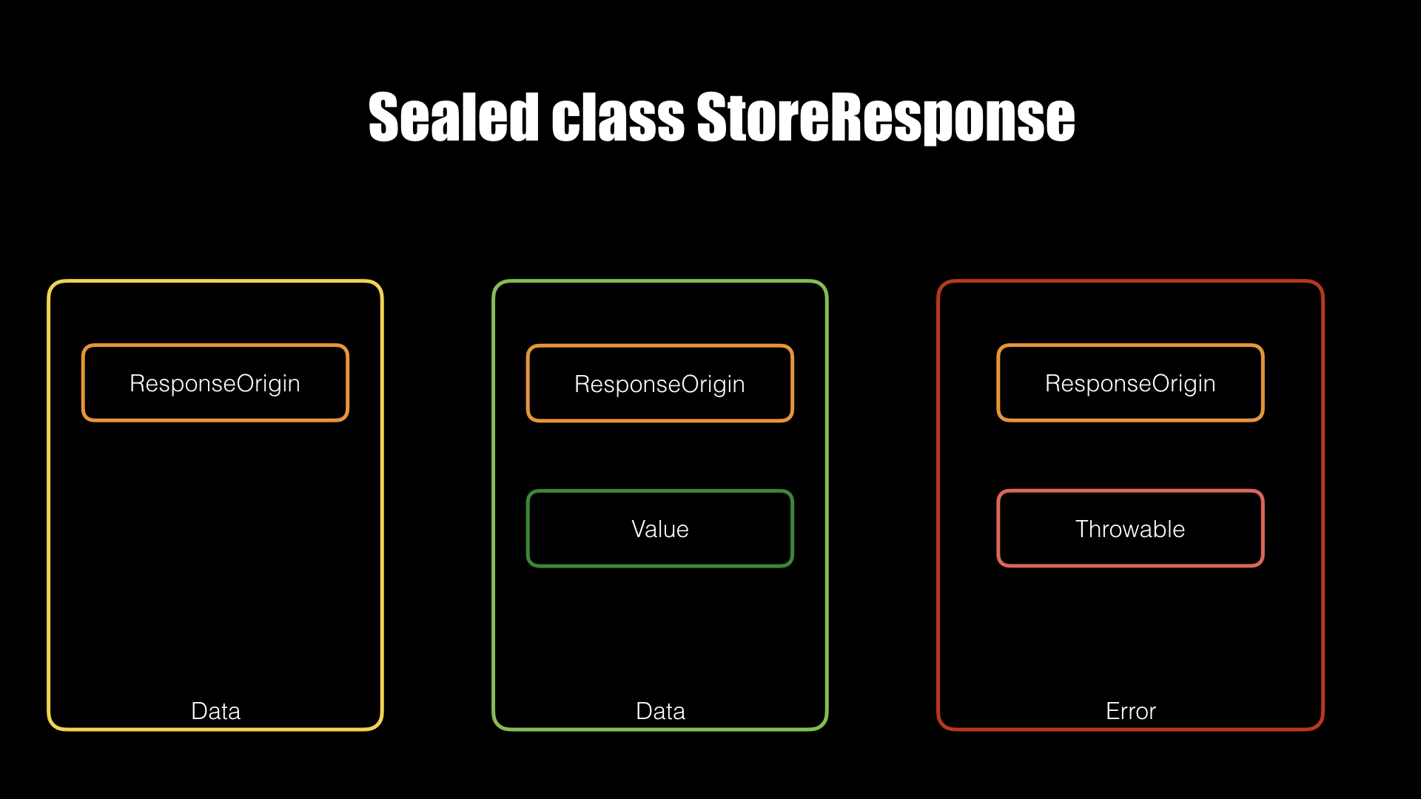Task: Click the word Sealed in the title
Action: [453, 117]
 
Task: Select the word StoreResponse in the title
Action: [886, 118]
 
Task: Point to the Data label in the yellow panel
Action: [215, 711]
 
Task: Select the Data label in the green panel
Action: [660, 711]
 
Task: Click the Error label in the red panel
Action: [1130, 711]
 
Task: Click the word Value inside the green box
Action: [659, 529]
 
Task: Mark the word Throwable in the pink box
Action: [1130, 529]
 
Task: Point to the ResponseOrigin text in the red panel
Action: [1130, 384]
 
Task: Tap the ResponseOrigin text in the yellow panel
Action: [215, 384]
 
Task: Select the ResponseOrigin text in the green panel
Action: [659, 385]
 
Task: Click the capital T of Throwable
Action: [1083, 529]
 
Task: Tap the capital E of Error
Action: [1112, 711]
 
